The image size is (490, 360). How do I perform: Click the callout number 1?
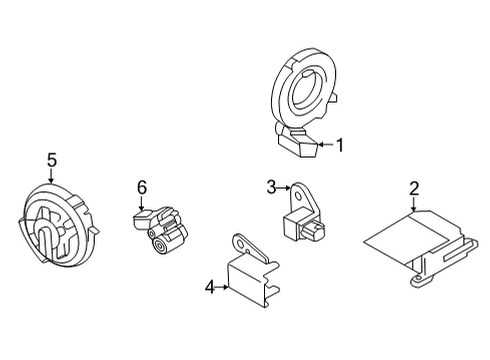pos(339,146)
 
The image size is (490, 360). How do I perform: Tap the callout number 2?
pos(414,187)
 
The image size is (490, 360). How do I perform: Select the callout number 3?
pos(271,186)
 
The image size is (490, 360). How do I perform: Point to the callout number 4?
pos(210,287)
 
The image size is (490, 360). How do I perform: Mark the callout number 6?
pos(141,186)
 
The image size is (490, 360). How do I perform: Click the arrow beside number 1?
pos(323,146)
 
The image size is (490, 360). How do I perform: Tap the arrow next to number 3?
pos(284,187)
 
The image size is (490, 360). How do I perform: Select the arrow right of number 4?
pos(224,287)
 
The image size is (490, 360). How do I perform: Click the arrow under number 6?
pos(141,204)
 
